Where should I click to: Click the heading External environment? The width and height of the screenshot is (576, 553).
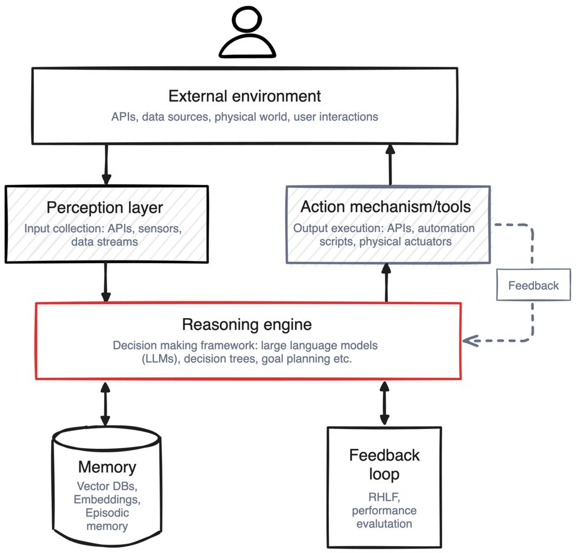click(x=245, y=95)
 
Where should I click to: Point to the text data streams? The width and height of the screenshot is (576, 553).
click(x=104, y=241)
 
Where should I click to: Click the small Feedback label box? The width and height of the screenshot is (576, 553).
click(x=533, y=286)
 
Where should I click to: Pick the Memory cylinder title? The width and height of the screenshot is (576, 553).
click(x=107, y=467)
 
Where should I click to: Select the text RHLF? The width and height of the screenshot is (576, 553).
click(x=384, y=497)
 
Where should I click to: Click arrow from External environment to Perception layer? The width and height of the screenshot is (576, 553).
click(x=106, y=165)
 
